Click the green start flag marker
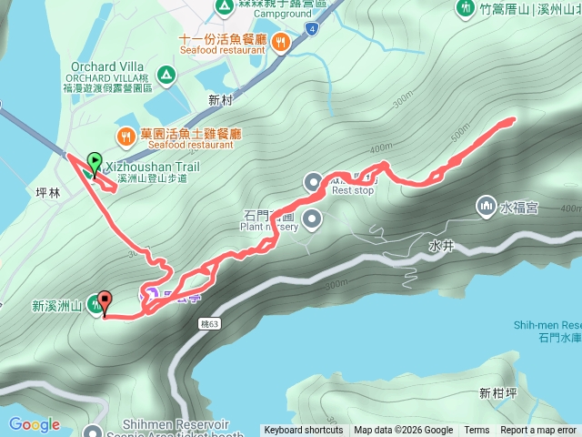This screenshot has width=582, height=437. coord(95,163)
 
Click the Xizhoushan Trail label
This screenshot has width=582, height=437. coord(152,167)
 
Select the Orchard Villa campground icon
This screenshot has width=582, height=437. coord(166,74)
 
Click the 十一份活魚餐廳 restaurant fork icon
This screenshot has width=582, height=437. coord(282,40)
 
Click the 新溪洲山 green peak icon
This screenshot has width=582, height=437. coord(95,308)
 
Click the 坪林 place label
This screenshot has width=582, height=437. coord(47,193)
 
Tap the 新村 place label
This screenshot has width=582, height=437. coord(221,99)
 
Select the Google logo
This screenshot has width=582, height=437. coord(34,424)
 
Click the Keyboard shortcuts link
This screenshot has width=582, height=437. coord(304,431)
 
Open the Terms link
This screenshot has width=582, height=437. coord(477,431)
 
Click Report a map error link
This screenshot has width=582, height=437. coord(538,431)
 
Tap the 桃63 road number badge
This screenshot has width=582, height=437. coord(211,323)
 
